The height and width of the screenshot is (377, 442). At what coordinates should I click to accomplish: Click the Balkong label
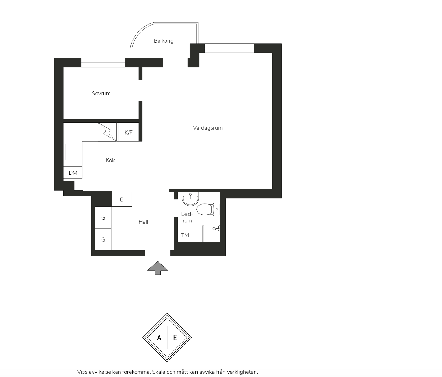(164, 41)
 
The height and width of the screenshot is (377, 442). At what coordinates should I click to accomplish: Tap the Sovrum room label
(101, 93)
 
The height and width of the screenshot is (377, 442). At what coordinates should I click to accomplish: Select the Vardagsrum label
(208, 128)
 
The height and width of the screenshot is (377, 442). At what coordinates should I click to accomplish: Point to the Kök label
(110, 160)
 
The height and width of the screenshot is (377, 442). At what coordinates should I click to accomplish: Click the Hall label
(143, 222)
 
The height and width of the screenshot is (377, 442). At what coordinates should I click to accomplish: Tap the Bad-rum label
(187, 217)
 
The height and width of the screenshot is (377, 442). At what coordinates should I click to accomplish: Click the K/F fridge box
(129, 132)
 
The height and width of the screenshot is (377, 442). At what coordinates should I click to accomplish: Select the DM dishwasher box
(73, 172)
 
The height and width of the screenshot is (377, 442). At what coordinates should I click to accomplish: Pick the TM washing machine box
(185, 235)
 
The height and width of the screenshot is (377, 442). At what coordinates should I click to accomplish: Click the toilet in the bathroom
(208, 209)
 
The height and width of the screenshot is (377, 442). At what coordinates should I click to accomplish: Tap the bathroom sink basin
(190, 199)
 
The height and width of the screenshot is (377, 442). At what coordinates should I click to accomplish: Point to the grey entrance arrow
(158, 268)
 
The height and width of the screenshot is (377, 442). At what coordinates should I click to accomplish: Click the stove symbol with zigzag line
(107, 132)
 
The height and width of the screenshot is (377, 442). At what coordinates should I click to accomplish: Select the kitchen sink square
(73, 152)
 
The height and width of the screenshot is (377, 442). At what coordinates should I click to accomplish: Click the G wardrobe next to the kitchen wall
(122, 199)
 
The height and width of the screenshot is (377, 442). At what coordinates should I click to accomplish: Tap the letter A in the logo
(159, 338)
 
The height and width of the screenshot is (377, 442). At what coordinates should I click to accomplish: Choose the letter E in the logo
(175, 338)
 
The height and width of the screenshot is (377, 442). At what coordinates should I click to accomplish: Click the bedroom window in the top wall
(103, 63)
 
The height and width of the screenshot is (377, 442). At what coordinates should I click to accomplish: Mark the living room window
(229, 48)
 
